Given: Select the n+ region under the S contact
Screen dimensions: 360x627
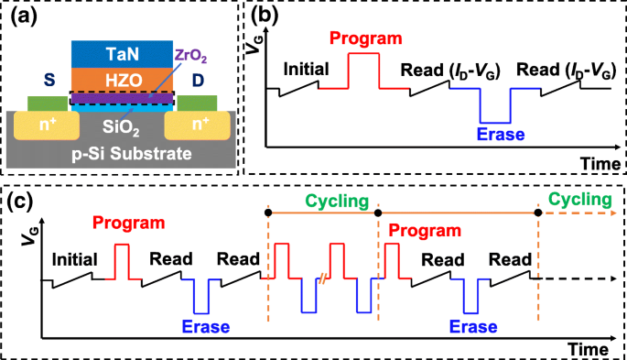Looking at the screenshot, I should pos(43,123).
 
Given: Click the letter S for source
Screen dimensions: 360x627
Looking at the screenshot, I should pos(38,80).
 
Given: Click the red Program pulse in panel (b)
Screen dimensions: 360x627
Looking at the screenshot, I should pos(363,70).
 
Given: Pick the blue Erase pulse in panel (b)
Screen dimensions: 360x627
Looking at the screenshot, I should pos(497,108).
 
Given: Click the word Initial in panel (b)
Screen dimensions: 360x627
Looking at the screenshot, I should pos(306,69).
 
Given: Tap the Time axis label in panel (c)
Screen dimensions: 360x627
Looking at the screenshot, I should pos(588,349).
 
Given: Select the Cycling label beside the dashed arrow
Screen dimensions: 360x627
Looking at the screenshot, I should pos(578,199).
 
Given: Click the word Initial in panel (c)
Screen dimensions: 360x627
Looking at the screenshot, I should pos(74,259).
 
